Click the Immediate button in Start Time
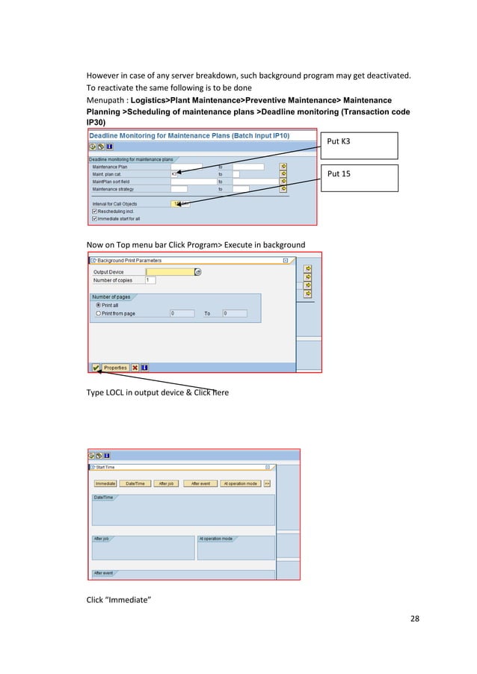[x=105, y=483]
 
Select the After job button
[x=166, y=483]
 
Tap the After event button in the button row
[x=200, y=483]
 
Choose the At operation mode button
[x=240, y=483]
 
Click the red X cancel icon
[x=135, y=367]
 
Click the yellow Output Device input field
[x=170, y=272]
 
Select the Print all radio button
[x=97, y=305]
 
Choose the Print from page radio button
[x=97, y=313]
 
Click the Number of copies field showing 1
[x=150, y=280]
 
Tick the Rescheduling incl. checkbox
[x=93, y=211]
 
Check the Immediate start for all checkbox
[x=93, y=218]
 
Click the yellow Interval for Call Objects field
[x=179, y=203]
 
